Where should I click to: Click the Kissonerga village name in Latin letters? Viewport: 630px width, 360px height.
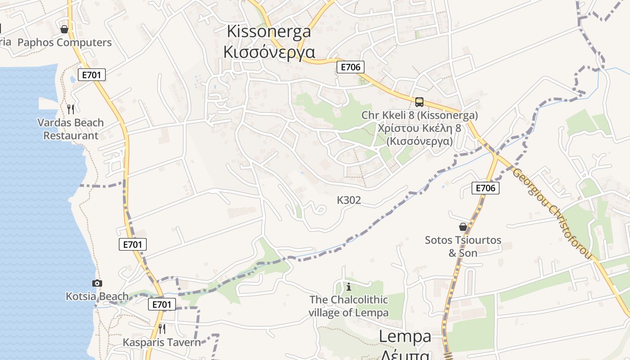(x=269, y=31)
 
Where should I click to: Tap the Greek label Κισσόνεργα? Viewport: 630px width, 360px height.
(x=269, y=52)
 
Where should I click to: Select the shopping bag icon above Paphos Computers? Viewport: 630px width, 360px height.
(x=64, y=29)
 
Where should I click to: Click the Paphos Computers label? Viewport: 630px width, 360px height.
(x=64, y=43)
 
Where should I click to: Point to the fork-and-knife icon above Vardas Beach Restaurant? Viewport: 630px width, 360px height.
(x=71, y=109)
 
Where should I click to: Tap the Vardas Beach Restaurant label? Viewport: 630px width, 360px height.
(x=71, y=129)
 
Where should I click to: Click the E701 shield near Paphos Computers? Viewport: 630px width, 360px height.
(x=92, y=75)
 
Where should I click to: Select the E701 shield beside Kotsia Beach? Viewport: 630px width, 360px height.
(x=162, y=304)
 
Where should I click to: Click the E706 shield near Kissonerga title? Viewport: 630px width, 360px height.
(x=350, y=67)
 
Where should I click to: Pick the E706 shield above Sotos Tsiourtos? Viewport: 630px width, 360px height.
(x=486, y=188)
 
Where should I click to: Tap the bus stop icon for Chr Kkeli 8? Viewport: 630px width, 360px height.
(x=419, y=102)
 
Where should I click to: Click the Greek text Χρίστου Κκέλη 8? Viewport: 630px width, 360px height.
(x=419, y=128)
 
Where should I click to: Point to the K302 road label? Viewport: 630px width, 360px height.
(x=349, y=200)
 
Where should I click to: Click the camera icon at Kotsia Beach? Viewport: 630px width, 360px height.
(x=97, y=283)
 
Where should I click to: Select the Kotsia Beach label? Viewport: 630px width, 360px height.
(x=97, y=297)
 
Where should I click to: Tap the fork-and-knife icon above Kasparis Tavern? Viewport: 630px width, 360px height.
(x=162, y=329)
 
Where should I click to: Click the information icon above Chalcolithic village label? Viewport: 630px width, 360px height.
(x=348, y=286)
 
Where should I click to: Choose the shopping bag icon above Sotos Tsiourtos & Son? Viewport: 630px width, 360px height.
(x=463, y=227)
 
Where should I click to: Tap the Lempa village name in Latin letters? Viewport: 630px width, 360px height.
(x=405, y=336)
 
